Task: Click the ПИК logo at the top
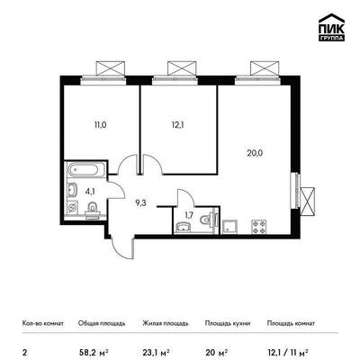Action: (331, 28)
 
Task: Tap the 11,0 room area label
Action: (101, 125)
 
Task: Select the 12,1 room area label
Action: (177, 125)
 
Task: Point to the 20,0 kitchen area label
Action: (255, 153)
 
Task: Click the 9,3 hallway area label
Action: (140, 203)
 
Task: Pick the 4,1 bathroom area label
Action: (90, 192)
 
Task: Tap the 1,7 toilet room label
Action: (189, 215)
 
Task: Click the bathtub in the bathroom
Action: (86, 170)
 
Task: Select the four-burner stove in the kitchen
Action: (258, 227)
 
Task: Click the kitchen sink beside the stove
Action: (230, 227)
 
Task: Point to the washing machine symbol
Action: (72, 207)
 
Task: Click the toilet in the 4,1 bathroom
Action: (92, 209)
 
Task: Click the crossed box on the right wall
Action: (308, 202)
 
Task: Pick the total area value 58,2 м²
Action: (93, 352)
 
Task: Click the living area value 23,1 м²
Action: (157, 352)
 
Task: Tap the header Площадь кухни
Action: (228, 323)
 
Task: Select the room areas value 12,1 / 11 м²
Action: (288, 352)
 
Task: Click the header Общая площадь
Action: (102, 323)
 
